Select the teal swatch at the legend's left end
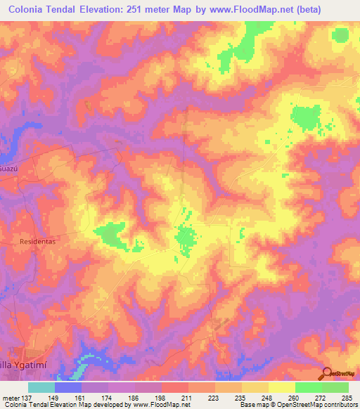pyautogui.click(x=41, y=387)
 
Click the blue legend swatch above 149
pyautogui.click(x=68, y=387)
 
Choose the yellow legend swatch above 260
pyautogui.click(x=281, y=387)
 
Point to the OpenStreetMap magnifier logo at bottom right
pyautogui.click(x=326, y=374)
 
